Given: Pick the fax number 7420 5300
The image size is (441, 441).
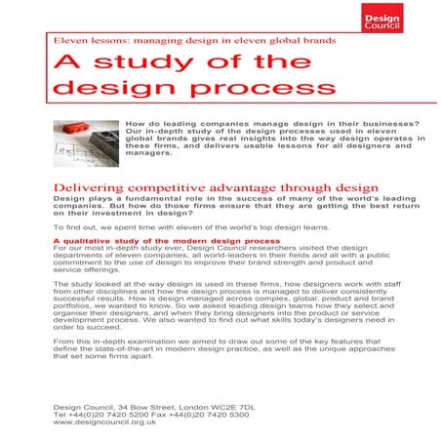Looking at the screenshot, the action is click(x=196, y=414).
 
